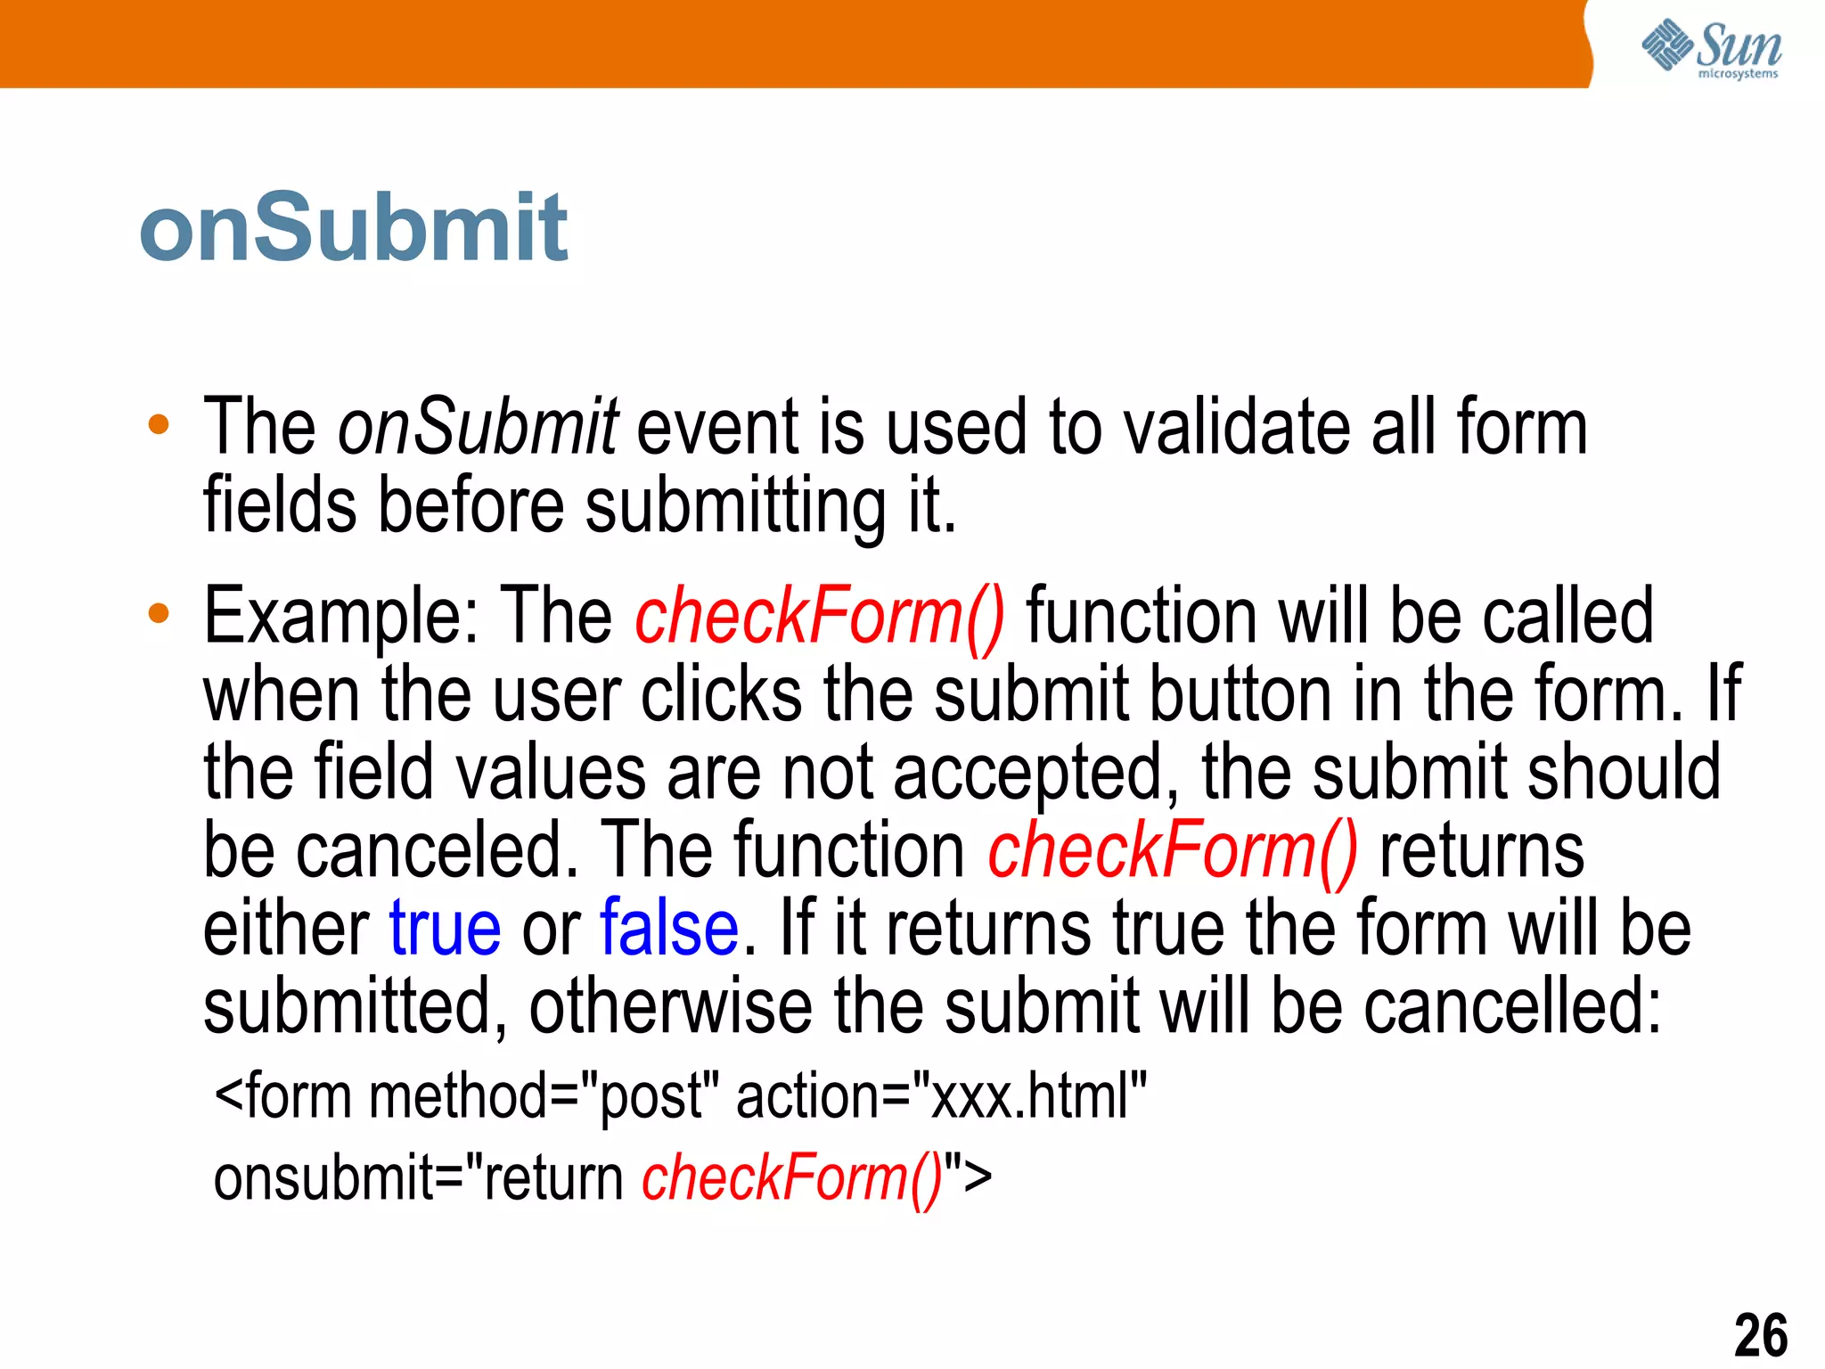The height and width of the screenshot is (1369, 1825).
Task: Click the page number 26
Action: click(1760, 1334)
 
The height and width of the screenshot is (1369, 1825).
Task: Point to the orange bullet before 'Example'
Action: click(159, 613)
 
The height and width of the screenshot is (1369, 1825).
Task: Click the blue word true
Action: click(445, 929)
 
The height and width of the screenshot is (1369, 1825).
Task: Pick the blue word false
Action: click(669, 929)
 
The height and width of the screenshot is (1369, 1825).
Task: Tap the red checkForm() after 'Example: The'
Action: click(820, 617)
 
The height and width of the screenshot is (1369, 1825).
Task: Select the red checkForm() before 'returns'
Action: click(1173, 851)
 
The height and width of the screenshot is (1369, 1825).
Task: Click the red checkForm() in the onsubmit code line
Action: click(792, 1178)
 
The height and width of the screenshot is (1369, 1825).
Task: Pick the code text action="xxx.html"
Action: click(941, 1096)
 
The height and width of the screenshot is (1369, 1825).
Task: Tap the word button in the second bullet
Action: click(1240, 695)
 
